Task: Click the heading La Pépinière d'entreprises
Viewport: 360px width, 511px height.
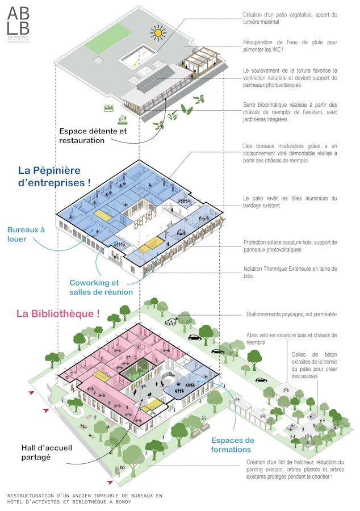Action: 55,176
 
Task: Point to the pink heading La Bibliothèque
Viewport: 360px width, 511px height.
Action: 58,313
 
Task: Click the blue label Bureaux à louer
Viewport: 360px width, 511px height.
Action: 26,234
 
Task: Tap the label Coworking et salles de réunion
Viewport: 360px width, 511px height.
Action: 101,287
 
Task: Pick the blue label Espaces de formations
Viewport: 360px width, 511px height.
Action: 232,445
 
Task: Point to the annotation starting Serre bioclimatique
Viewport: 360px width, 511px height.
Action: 290,112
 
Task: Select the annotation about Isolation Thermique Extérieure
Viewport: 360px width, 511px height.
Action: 290,272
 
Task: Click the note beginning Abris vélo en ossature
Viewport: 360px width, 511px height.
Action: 291,338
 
